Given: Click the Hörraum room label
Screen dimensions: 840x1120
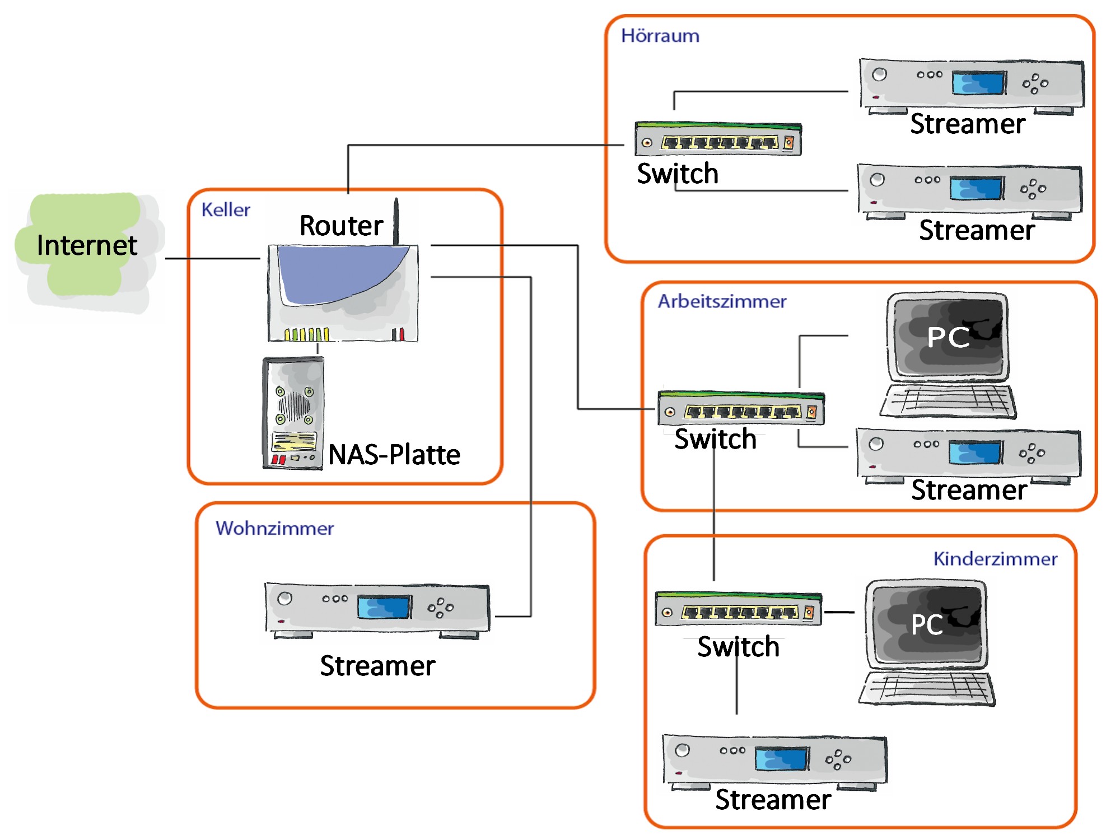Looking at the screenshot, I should tap(660, 36).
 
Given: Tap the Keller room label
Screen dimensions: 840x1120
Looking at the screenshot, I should tap(225, 210).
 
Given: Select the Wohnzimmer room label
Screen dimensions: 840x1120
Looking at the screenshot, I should tap(274, 528).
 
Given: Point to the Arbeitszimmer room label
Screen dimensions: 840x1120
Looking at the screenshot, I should tap(722, 301).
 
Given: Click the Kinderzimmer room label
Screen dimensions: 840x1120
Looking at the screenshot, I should tap(995, 559).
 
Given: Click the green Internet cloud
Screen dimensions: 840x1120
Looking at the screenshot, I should tap(84, 246).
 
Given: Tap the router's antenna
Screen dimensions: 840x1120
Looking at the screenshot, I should tap(396, 221).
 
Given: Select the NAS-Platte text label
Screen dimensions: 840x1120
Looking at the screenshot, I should tap(394, 454).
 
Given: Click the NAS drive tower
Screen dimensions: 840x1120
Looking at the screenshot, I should tap(293, 413).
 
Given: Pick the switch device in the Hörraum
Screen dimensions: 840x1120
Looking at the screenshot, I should tap(718, 139).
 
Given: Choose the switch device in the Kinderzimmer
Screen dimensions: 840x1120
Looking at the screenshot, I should tap(738, 609).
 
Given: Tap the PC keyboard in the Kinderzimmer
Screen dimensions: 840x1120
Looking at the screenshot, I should tap(927, 687).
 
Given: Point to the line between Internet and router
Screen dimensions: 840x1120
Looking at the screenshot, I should tap(213, 258).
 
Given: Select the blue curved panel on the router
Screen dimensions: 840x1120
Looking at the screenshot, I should tap(336, 274).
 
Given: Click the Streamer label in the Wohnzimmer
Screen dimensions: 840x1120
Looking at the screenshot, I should tap(377, 666).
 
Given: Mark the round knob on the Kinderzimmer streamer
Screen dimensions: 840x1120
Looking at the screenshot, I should tap(682, 750).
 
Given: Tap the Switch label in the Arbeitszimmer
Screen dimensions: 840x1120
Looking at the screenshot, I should tap(715, 439).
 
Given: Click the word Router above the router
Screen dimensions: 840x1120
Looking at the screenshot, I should tap(341, 226).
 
